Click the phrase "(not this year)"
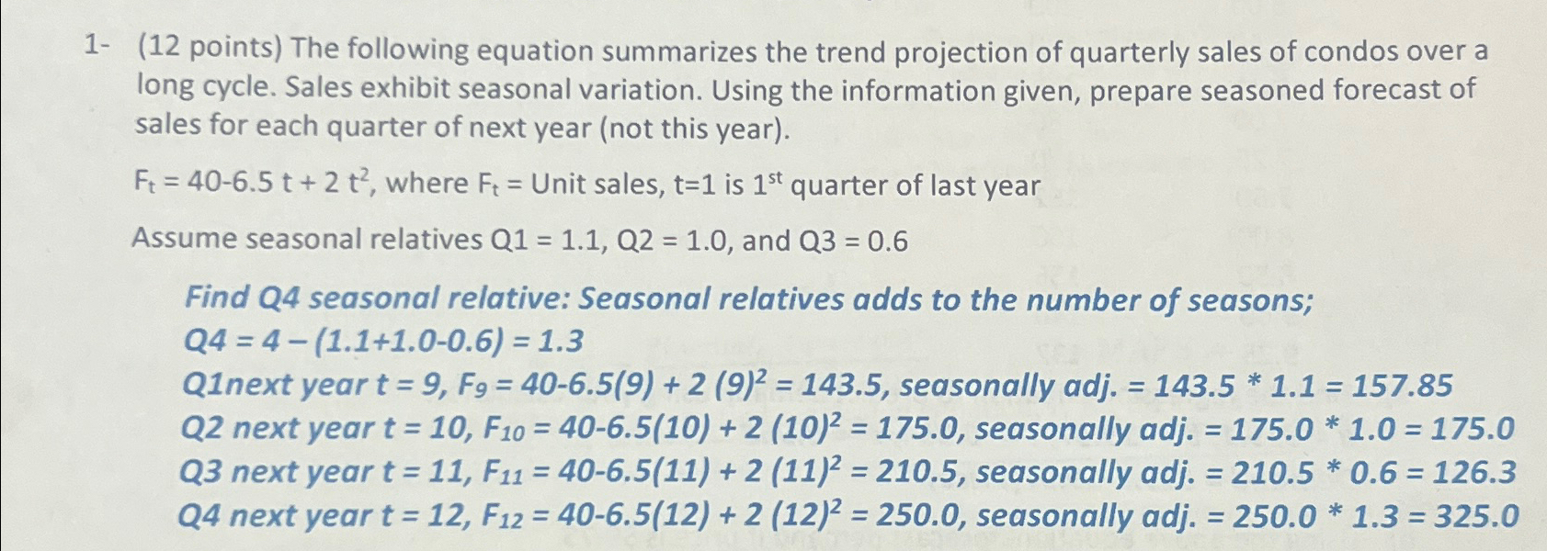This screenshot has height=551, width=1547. click(x=694, y=128)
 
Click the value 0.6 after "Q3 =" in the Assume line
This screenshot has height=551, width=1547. click(x=887, y=242)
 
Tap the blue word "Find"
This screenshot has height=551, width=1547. click(x=217, y=298)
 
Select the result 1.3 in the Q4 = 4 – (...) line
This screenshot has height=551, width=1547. click(x=559, y=342)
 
